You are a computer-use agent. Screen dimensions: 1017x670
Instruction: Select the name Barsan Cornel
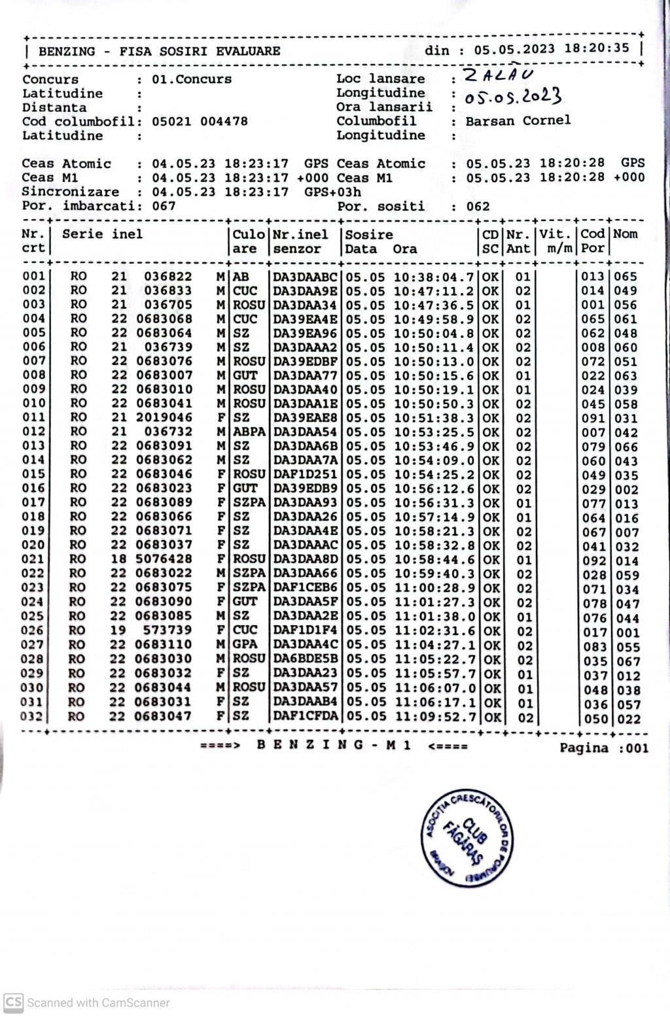coord(518,120)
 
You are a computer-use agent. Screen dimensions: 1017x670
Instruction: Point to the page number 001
coord(637,748)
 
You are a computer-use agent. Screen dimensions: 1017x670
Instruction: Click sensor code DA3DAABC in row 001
coord(305,277)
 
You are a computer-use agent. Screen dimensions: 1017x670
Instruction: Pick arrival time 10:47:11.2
coord(434,291)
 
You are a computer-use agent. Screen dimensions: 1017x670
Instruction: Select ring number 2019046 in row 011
coord(164,417)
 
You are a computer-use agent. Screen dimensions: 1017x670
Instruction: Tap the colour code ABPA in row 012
coord(249,432)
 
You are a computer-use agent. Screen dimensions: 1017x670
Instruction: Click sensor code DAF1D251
coord(305,474)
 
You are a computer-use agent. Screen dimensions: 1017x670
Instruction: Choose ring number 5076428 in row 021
coord(164,559)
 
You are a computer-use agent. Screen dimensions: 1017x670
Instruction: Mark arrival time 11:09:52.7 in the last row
coord(435,716)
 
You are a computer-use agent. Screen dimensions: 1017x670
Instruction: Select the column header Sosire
coord(369,234)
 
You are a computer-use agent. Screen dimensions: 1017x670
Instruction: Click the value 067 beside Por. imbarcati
coord(164,206)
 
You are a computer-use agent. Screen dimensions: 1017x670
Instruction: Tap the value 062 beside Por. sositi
coord(478,207)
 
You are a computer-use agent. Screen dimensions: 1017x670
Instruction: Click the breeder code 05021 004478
coord(200,122)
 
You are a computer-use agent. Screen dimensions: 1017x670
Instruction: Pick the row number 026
coord(33,630)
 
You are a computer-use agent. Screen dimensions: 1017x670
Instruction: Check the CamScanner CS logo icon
coord(13,1002)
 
